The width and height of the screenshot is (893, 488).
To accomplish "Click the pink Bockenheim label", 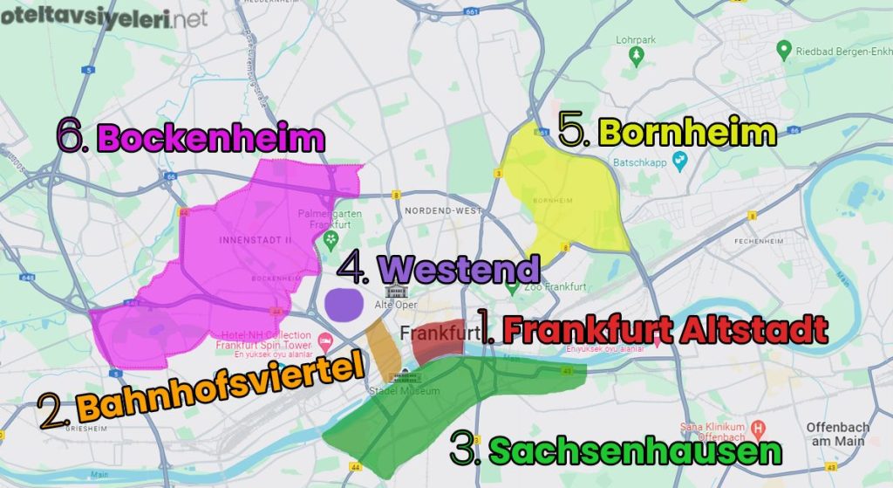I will pyautogui.click(x=210, y=138).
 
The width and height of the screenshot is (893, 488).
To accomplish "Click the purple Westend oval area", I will pyautogui.click(x=344, y=303).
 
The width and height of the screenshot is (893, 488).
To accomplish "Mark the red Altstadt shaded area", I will pyautogui.click(x=436, y=343).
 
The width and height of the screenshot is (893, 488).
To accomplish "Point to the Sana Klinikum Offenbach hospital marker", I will pyautogui.click(x=758, y=429).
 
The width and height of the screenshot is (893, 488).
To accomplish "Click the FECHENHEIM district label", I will pyautogui.click(x=757, y=240).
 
